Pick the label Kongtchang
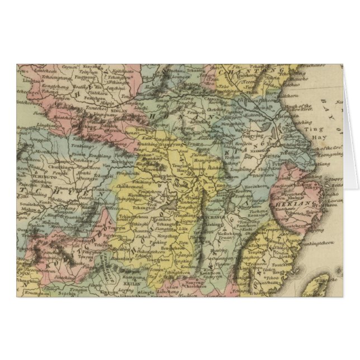click(x=42, y=87)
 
